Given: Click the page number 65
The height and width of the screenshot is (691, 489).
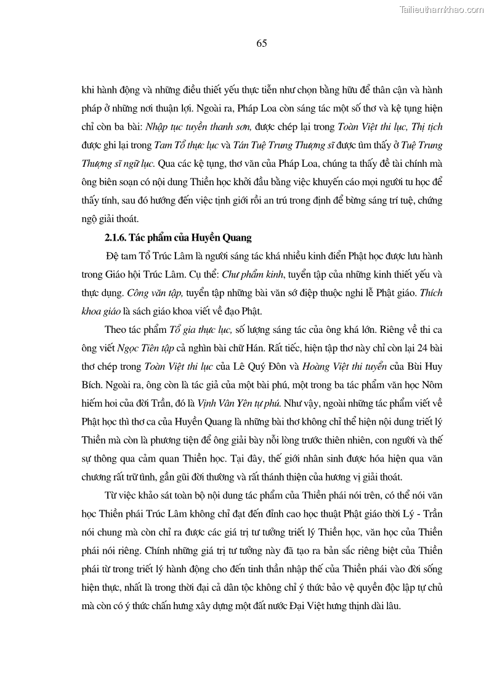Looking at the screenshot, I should pos(260,43).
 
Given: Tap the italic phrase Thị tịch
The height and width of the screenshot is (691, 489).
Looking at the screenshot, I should pos(426,127).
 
